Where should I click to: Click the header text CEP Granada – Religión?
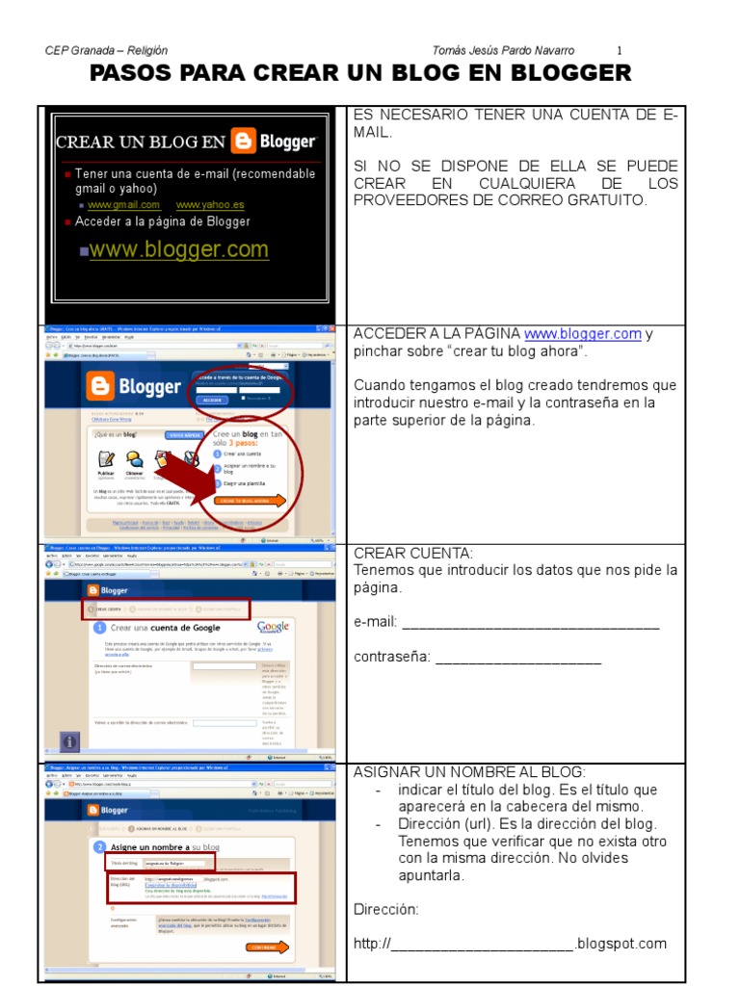(x=106, y=50)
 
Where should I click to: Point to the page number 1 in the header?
(x=620, y=50)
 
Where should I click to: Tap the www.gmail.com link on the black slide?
(x=123, y=205)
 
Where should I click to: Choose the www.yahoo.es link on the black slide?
(x=210, y=205)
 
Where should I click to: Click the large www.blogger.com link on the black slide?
(x=179, y=249)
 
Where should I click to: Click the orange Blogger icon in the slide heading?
(x=244, y=143)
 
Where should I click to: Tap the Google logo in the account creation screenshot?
(x=273, y=627)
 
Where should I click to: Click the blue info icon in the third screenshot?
(x=69, y=741)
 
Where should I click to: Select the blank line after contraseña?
(x=517, y=660)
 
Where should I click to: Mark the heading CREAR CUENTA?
(x=413, y=554)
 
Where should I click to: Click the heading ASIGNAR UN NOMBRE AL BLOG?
(x=469, y=772)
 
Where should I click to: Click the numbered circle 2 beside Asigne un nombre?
(x=99, y=847)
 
